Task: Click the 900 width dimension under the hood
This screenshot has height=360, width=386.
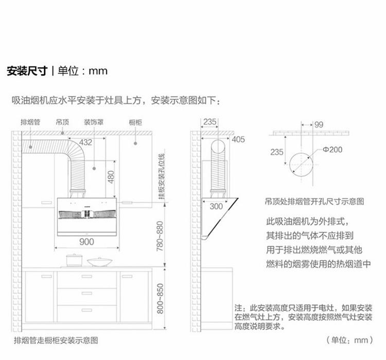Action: pyautogui.click(x=86, y=241)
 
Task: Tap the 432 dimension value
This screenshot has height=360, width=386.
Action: pyautogui.click(x=85, y=142)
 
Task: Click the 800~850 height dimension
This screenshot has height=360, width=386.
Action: pyautogui.click(x=160, y=299)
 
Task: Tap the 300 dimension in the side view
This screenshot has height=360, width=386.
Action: pyautogui.click(x=217, y=206)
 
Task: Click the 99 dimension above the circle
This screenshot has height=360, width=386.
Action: pyautogui.click(x=319, y=124)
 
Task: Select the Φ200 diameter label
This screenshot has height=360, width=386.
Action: pyautogui.click(x=332, y=150)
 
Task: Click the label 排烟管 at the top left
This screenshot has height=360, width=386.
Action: pyautogui.click(x=30, y=122)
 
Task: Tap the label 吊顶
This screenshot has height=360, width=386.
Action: pyautogui.click(x=62, y=122)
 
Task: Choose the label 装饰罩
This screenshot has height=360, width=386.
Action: pyautogui.click(x=94, y=122)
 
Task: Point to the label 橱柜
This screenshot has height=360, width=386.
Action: pyautogui.click(x=135, y=122)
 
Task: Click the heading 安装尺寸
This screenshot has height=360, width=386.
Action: pyautogui.click(x=27, y=70)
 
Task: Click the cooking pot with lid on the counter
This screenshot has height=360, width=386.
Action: pyautogui.click(x=74, y=260)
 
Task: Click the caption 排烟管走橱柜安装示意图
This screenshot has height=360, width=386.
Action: pyautogui.click(x=56, y=340)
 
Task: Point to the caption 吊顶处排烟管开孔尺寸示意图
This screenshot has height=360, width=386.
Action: pyautogui.click(x=314, y=201)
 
